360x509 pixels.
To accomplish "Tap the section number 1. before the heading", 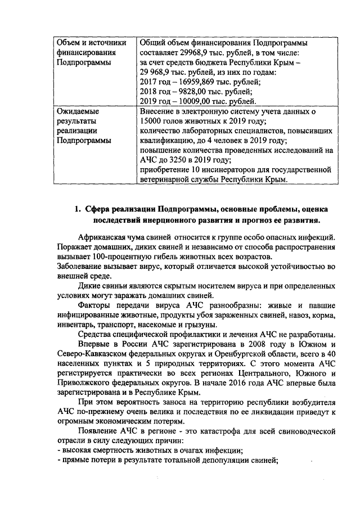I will [x=78, y=210].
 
